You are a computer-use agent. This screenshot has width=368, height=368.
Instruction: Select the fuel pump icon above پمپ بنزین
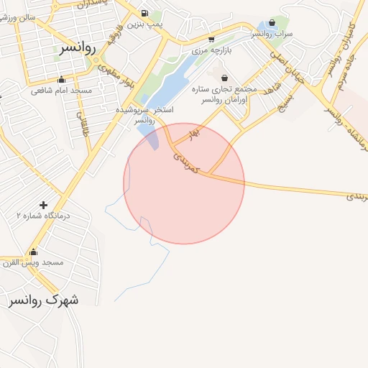click(145, 13)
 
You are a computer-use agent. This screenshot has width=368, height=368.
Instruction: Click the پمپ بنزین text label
click(145, 24)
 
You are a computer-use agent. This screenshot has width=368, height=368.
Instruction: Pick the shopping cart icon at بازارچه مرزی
click(211, 39)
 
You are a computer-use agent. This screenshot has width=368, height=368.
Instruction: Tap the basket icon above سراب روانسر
click(272, 22)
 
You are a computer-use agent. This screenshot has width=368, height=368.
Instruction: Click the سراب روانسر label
click(271, 34)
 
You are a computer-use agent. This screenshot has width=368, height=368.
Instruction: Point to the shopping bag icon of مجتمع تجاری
click(225, 78)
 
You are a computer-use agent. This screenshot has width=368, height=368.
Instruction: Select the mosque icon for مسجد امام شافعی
click(61, 80)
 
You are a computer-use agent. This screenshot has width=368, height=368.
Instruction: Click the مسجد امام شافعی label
click(62, 91)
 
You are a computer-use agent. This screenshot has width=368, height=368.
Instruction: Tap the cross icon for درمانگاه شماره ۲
click(44, 206)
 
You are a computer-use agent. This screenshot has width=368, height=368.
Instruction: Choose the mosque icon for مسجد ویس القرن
click(33, 252)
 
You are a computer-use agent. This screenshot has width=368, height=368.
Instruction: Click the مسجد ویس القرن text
click(34, 263)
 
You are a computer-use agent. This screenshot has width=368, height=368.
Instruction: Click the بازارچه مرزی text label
click(211, 51)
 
